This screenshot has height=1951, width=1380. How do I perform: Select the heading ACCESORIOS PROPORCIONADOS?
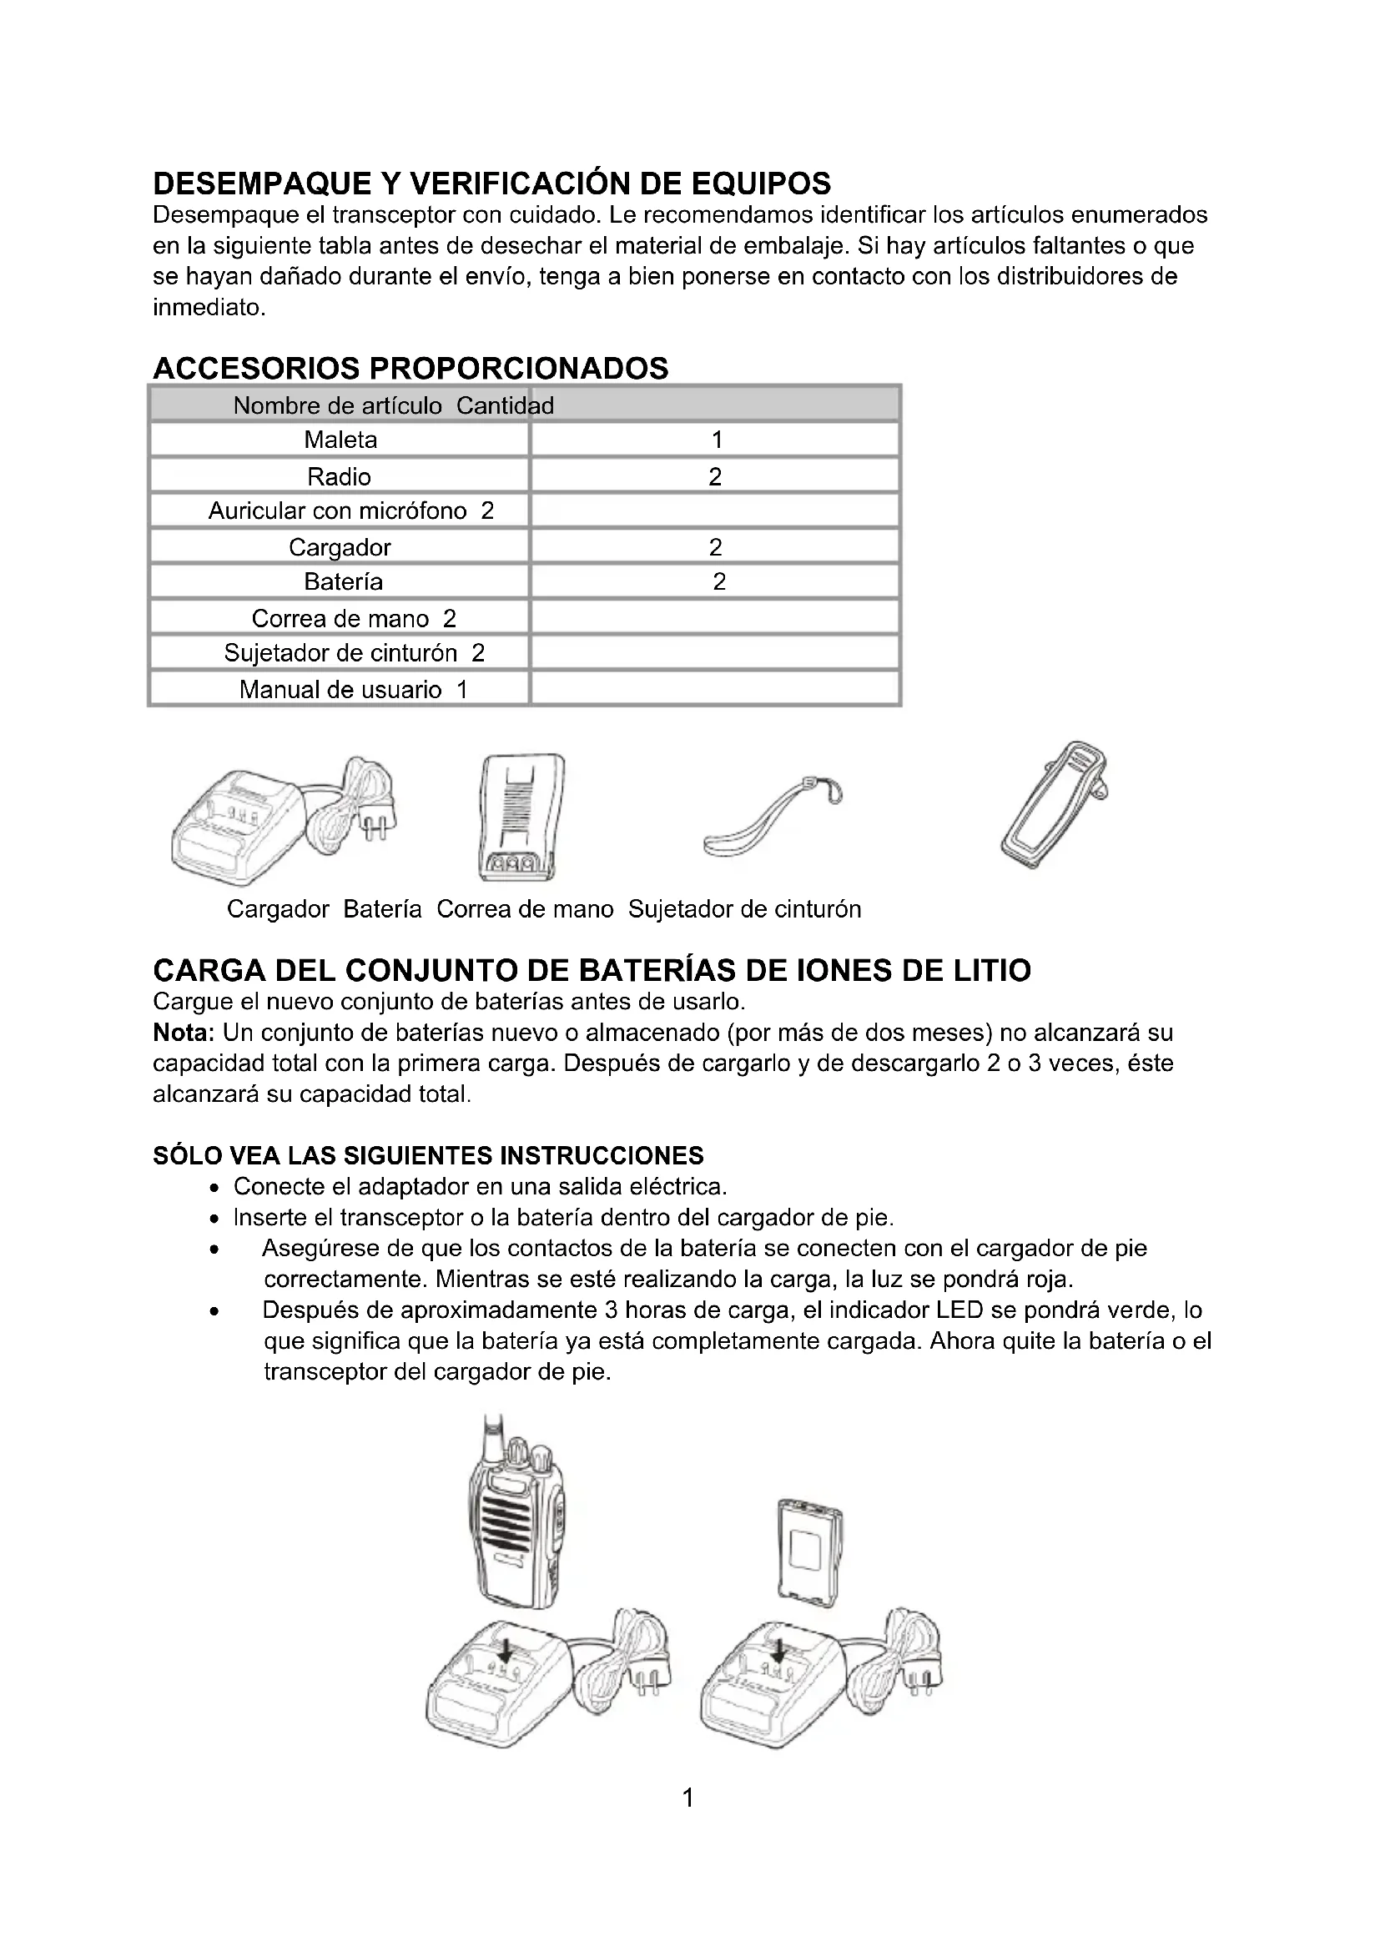click(410, 368)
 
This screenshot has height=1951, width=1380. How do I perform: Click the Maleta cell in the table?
click(340, 440)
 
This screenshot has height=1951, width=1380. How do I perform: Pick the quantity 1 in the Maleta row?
click(717, 440)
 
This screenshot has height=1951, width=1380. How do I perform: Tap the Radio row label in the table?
click(339, 477)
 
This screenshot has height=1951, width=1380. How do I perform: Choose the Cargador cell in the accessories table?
click(339, 547)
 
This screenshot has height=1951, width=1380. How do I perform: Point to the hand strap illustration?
click(770, 819)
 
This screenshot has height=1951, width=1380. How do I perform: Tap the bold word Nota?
click(183, 1033)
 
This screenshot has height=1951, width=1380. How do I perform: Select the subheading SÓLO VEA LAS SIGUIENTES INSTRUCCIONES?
click(427, 1155)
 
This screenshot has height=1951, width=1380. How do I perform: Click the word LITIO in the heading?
click(992, 970)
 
